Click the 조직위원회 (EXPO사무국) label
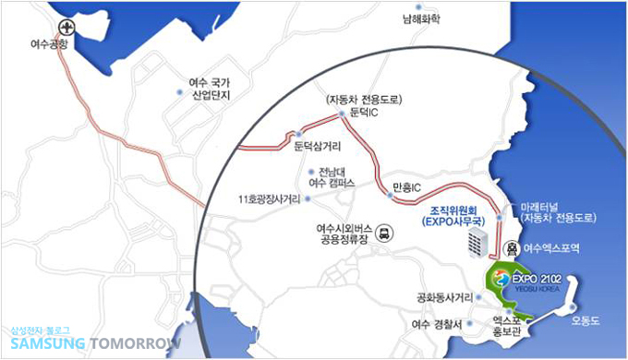(452, 217)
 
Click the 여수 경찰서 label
(440, 324)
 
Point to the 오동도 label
(585, 320)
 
